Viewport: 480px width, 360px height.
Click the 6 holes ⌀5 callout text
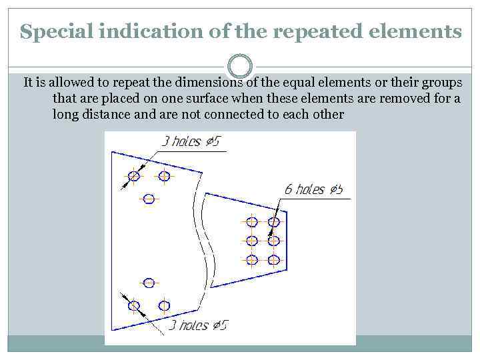coord(313,189)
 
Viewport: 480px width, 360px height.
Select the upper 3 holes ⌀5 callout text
coord(191,142)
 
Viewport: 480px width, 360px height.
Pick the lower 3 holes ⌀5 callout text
coord(198,325)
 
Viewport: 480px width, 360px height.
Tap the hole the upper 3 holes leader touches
coord(134,176)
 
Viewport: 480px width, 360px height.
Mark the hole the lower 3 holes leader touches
coord(134,306)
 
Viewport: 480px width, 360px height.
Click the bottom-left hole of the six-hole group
coord(252,260)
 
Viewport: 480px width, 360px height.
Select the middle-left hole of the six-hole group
coord(252,241)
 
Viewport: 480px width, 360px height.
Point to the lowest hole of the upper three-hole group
coord(149,199)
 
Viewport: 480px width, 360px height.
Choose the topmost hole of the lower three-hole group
coord(149,283)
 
